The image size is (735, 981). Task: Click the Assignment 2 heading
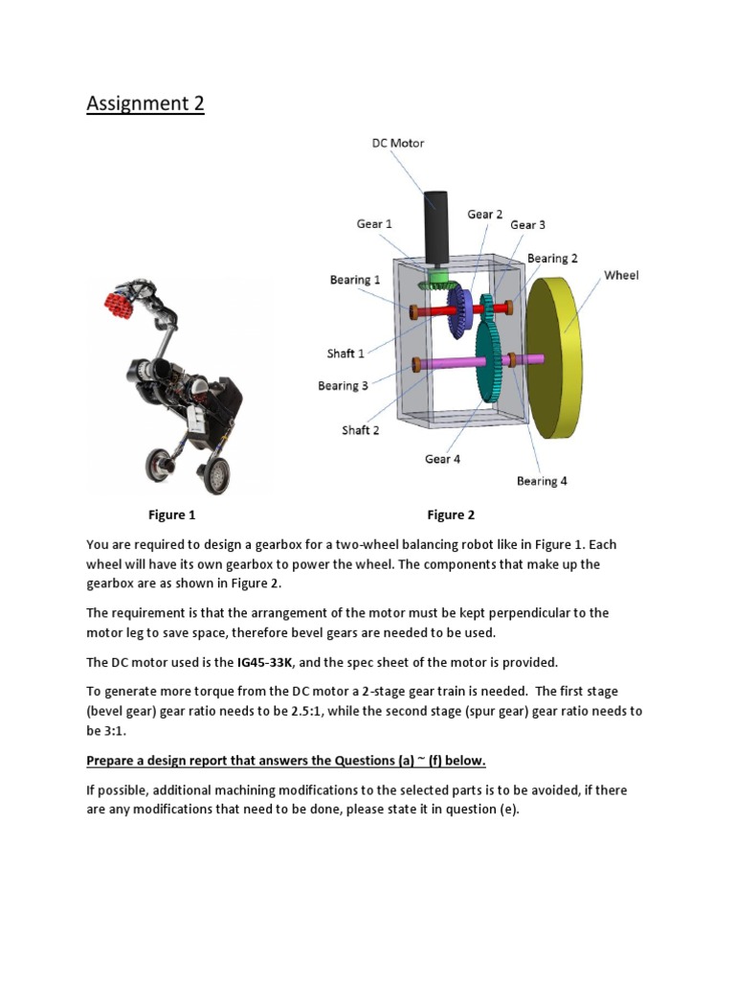coord(145,103)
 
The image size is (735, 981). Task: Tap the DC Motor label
coord(397,143)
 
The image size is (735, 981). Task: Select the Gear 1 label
coord(374,223)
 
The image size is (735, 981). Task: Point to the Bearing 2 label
coord(552,258)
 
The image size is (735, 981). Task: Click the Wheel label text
coord(620,275)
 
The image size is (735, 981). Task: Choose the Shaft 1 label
coord(345,354)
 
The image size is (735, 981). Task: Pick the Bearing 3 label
coord(343,386)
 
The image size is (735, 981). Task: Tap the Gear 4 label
coord(442,459)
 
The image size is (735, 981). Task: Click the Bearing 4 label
coord(542,481)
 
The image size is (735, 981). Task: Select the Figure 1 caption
coord(171,515)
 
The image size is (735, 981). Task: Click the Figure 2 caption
coord(451,515)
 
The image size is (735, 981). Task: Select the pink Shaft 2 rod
coord(450,363)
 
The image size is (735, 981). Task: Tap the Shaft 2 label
coord(361,430)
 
